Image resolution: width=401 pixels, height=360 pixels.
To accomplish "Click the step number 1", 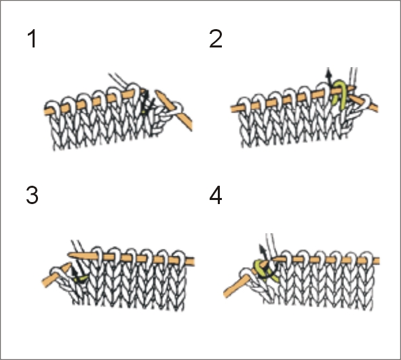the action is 33,39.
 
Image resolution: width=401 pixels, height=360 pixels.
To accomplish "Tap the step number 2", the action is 215,39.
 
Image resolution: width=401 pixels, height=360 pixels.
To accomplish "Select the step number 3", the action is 32,195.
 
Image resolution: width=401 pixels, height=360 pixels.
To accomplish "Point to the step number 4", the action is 215,195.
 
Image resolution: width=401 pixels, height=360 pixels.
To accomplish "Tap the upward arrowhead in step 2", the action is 328,72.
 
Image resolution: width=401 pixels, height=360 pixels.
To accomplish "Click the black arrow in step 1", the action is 147,102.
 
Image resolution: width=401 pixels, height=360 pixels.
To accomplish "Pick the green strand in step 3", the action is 81,279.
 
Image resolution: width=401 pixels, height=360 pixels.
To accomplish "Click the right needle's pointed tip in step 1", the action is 157,92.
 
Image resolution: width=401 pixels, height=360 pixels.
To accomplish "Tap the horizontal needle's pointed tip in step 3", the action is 69,254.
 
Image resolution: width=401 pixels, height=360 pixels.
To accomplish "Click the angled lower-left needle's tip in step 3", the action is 70,264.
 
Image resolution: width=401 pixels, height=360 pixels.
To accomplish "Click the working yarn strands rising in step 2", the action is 354,77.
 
